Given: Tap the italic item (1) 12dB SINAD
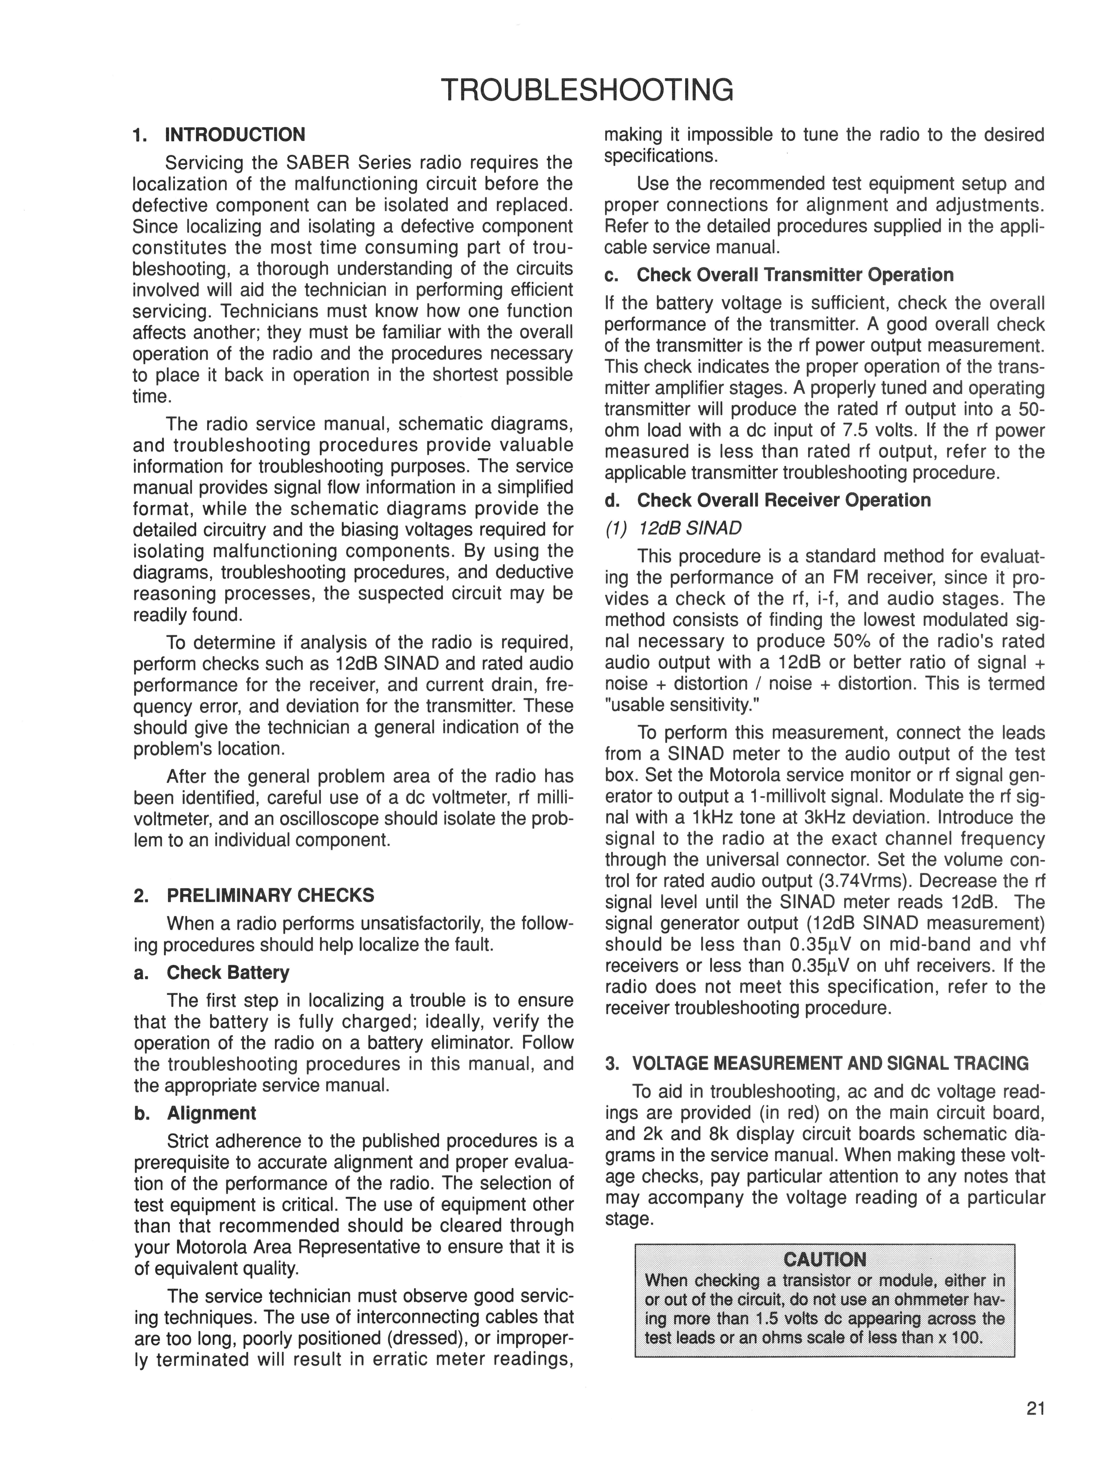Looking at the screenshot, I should pos(673,528).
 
